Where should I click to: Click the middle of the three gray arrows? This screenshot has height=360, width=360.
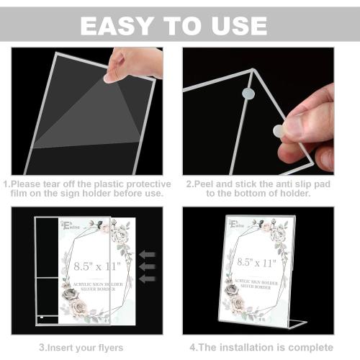(x=148, y=266)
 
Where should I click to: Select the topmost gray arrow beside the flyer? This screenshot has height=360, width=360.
(x=148, y=253)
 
